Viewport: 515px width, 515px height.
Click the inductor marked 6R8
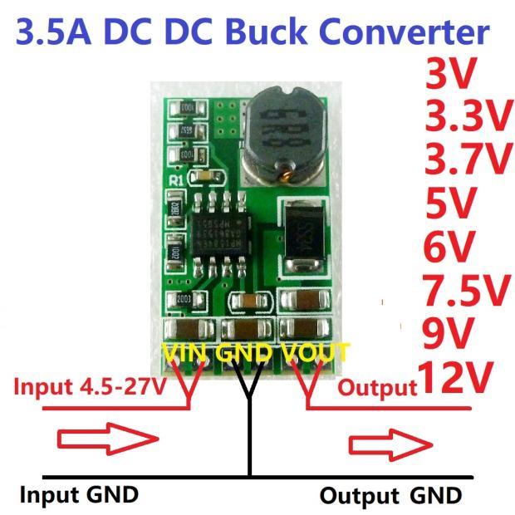[x=283, y=135]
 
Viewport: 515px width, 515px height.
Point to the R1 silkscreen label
[x=175, y=178]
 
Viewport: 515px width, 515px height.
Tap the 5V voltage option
[x=448, y=204]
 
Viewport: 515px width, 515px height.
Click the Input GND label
[x=79, y=495]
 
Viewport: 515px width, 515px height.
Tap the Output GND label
[x=390, y=496]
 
